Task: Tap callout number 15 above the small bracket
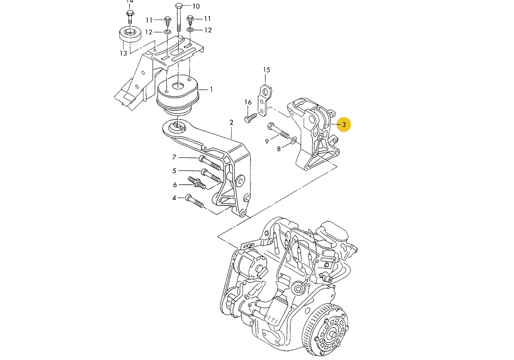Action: click(267, 70)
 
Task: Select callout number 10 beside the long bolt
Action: click(196, 6)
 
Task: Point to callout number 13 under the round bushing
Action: click(123, 53)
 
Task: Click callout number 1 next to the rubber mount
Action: click(211, 90)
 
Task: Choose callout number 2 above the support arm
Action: click(231, 122)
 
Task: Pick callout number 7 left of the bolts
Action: click(174, 157)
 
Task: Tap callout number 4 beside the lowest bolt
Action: click(174, 198)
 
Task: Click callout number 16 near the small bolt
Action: click(248, 102)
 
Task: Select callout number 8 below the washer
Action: click(279, 149)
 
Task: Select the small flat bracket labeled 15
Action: click(265, 100)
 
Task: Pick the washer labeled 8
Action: click(292, 141)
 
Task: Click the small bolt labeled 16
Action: click(251, 117)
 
